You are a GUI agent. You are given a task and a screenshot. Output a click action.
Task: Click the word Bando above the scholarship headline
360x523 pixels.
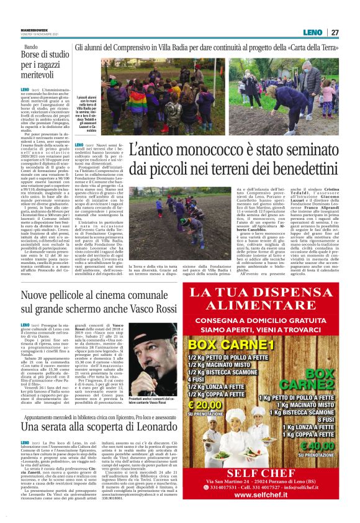[x=30, y=47]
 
